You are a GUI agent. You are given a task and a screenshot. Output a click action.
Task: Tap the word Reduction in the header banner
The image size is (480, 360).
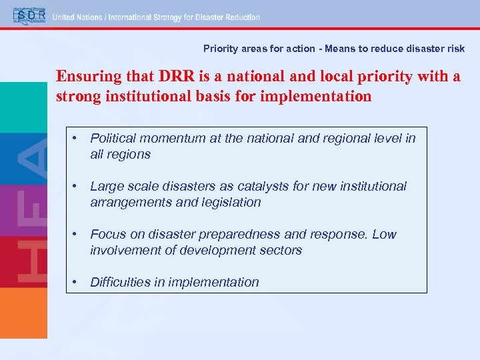tap(240, 17)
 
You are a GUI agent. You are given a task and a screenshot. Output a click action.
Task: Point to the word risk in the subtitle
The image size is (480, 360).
tap(455, 49)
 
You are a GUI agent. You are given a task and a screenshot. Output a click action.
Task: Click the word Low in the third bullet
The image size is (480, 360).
tap(384, 234)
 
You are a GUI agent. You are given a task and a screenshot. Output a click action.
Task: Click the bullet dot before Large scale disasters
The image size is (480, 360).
tap(77, 186)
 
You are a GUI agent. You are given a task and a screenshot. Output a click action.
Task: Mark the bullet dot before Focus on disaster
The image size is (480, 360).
tap(77, 234)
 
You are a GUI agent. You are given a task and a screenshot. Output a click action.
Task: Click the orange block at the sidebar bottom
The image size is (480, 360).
tap(23, 313)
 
